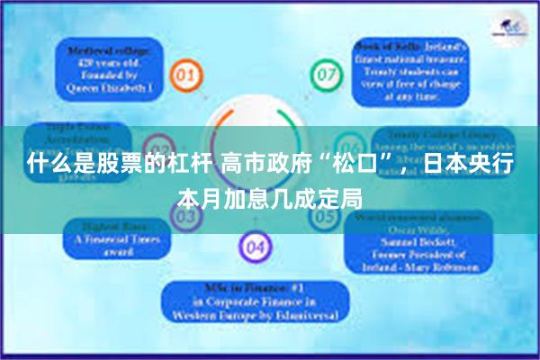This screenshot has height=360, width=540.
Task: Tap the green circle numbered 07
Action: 323,72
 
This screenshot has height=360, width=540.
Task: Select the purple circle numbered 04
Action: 255,244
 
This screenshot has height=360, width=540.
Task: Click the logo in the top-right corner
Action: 509,26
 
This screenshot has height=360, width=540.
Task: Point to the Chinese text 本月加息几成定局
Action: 270,196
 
